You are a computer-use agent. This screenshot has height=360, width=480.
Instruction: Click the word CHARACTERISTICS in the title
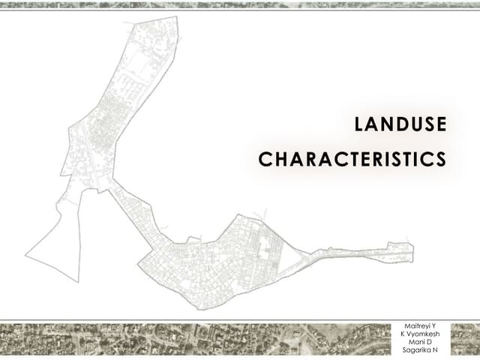[352, 160]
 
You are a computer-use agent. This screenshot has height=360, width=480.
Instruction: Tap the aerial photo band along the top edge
[240, 4]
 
